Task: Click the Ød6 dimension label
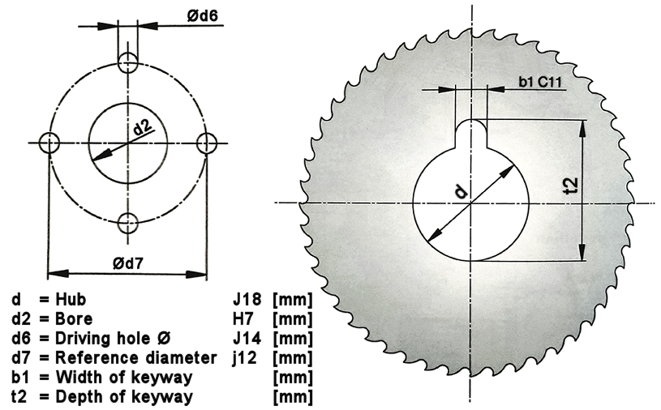click(203, 15)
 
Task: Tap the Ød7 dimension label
click(128, 263)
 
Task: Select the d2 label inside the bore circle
click(143, 126)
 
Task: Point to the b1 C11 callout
click(540, 82)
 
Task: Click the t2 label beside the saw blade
click(571, 186)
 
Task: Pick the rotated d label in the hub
click(461, 191)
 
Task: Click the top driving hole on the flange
click(127, 62)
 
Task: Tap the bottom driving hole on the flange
click(127, 223)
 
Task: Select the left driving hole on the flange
click(49, 143)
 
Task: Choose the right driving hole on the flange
click(207, 143)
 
